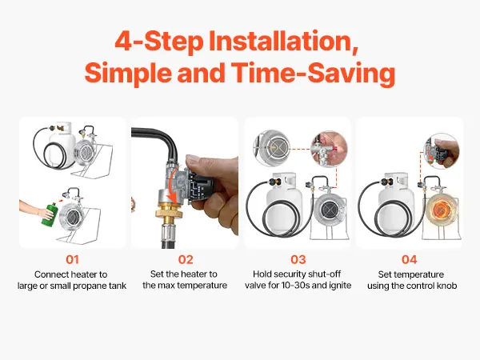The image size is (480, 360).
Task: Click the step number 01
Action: coord(72,259)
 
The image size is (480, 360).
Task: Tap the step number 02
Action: coord(186,259)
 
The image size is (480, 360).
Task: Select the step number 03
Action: coord(298,259)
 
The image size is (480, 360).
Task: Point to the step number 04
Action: coord(410,259)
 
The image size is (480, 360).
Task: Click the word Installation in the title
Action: coord(283,41)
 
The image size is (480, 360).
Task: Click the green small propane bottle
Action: coord(50,213)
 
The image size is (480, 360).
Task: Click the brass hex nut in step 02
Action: coord(168,212)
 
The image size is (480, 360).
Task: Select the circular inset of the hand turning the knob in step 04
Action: coord(441,151)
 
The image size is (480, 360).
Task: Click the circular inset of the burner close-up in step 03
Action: coord(271,148)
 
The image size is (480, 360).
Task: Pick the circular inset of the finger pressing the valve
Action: coord(329,149)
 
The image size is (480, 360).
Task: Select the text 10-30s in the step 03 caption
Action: coord(295,286)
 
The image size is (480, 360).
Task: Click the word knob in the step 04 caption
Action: coord(448,286)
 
